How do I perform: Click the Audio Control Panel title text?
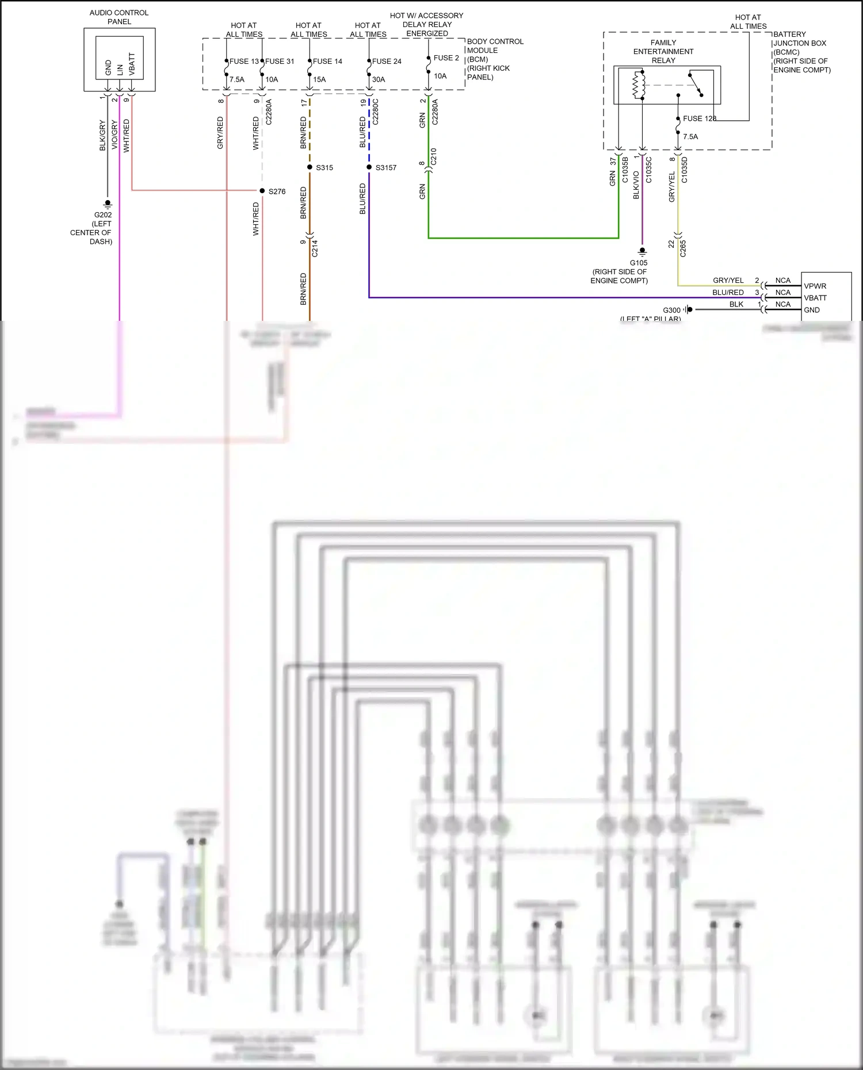[119, 17]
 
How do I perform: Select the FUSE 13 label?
[244, 62]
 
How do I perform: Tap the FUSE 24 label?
[387, 62]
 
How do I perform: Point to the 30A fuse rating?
[379, 80]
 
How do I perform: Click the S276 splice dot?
[262, 191]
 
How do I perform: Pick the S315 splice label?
[324, 168]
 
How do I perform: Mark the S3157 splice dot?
[369, 167]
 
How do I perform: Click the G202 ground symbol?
[107, 204]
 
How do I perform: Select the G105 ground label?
[639, 263]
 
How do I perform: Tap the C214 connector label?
[315, 248]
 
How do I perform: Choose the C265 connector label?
[683, 248]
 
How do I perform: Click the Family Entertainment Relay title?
[663, 51]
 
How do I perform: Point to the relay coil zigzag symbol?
[636, 86]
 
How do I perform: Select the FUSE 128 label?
[700, 118]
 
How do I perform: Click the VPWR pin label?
[815, 286]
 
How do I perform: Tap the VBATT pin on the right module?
[815, 298]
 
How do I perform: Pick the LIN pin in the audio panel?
[120, 70]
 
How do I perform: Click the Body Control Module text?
[495, 46]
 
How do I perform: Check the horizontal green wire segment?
[524, 237]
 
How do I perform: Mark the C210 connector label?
[434, 156]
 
